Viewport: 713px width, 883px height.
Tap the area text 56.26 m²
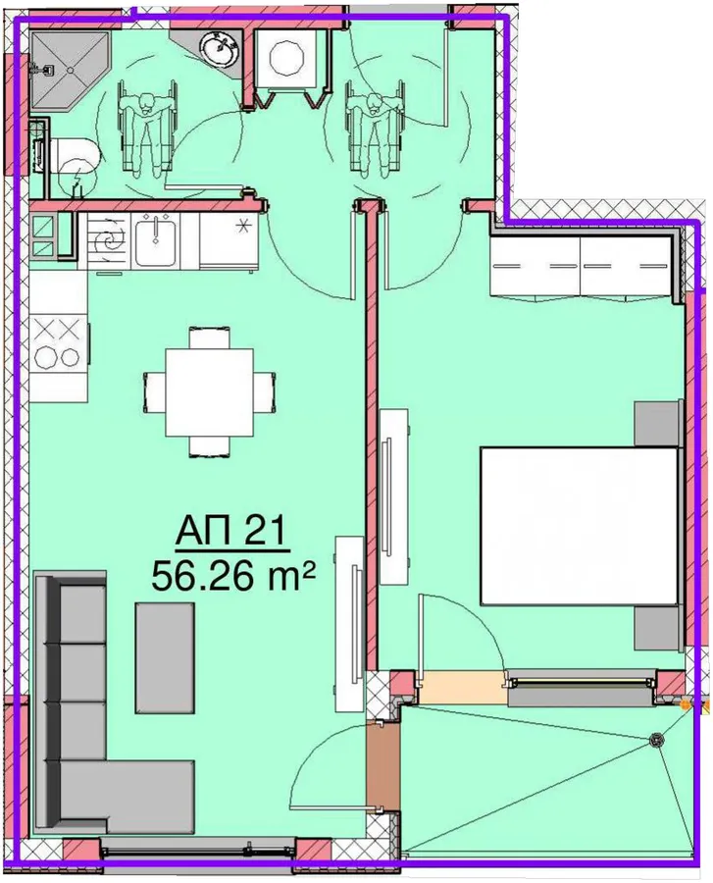231,576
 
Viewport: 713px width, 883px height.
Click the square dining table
209,391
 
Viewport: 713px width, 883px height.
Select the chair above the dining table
209,337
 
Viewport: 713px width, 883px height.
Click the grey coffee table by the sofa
165,658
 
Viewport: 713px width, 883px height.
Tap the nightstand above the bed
656,424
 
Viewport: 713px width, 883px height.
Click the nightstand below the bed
656,629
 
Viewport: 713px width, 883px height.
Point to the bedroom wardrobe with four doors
581,266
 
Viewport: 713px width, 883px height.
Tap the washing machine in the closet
287,59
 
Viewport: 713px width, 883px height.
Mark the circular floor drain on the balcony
656,740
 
